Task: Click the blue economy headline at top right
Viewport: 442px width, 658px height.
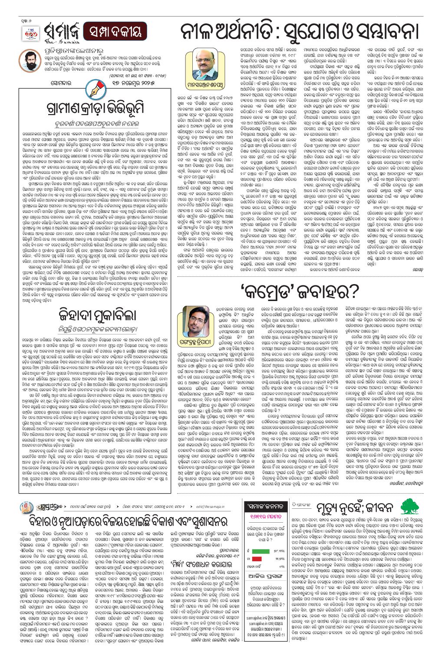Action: pyautogui.click(x=299, y=31)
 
